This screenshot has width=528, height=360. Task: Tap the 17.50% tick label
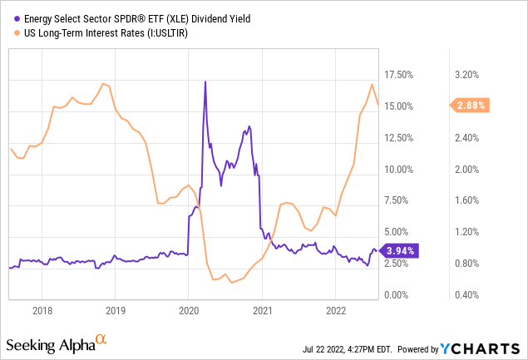pyautogui.click(x=401, y=75)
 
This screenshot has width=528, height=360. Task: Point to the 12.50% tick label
pyautogui.click(x=401, y=138)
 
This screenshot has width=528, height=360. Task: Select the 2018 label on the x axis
pyautogui.click(x=42, y=312)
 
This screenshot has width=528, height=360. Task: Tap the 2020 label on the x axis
pyautogui.click(x=189, y=312)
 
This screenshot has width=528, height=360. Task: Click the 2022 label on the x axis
pyautogui.click(x=335, y=312)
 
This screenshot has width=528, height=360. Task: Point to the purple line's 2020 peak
pyautogui.click(x=205, y=81)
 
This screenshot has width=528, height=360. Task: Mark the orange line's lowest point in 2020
pyautogui.click(x=232, y=283)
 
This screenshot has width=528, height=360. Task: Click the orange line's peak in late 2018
pyautogui.click(x=102, y=83)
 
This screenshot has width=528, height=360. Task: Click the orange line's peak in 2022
pyautogui.click(x=373, y=84)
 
